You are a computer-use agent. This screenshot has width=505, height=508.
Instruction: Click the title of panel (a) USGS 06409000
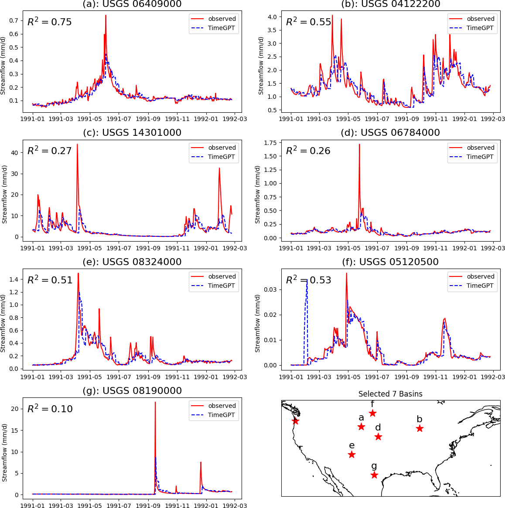pos(132,4)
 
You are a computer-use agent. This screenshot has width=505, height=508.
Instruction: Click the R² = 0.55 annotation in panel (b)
pos(308,22)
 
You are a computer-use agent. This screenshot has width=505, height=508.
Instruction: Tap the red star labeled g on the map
pos(374,475)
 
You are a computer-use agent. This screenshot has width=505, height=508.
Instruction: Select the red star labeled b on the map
pos(420,428)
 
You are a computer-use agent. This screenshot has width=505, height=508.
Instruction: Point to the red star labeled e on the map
pos(351,454)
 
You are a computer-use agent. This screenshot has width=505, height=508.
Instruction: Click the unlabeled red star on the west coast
pos(295,421)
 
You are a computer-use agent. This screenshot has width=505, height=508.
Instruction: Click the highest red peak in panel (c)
pos(77,145)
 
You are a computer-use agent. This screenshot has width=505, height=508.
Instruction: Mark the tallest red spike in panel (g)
pos(155,403)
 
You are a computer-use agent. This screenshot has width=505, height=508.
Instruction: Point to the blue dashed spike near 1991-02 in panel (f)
pos(307,281)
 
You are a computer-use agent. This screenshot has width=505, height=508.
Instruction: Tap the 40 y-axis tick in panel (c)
pos(14,153)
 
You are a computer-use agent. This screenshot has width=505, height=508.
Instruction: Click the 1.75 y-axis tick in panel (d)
pos(270,143)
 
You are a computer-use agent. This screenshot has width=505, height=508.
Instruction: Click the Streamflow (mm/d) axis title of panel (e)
pos(4,323)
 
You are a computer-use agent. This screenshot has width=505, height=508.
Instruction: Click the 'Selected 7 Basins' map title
pos(390,394)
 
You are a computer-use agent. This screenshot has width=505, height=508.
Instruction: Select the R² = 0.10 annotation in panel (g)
pos(50,409)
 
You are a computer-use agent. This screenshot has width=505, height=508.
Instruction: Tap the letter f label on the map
pos(372,404)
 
